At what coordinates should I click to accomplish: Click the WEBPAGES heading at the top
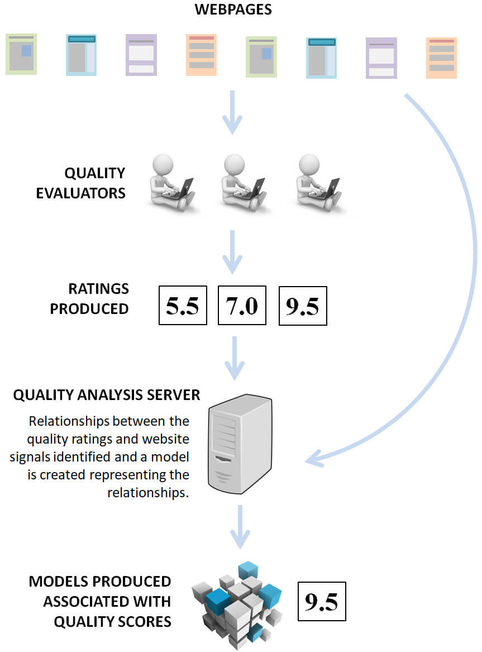(233, 9)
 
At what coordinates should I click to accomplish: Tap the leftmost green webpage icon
(21, 54)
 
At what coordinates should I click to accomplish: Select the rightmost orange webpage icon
(441, 58)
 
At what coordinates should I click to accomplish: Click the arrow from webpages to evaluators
(232, 112)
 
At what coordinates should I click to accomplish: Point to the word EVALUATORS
(80, 193)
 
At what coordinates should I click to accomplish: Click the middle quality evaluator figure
(243, 183)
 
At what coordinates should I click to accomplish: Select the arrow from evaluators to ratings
(232, 252)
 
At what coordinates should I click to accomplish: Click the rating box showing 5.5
(183, 305)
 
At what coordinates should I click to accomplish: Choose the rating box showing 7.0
(242, 305)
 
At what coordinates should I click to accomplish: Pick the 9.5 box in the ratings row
(303, 306)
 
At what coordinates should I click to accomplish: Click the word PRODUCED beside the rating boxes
(89, 309)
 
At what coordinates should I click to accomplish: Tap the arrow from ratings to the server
(235, 358)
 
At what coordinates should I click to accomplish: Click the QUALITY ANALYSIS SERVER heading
(107, 394)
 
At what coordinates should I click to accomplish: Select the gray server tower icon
(240, 444)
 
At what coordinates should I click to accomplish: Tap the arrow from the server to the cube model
(240, 527)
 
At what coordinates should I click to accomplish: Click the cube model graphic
(237, 605)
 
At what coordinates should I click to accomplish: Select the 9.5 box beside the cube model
(322, 601)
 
